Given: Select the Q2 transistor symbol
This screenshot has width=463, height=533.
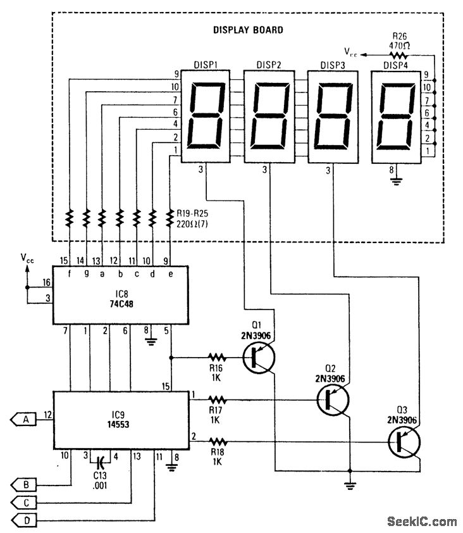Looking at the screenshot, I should pyautogui.click(x=333, y=399).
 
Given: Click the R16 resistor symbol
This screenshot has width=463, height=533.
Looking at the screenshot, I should pyautogui.click(x=217, y=357).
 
